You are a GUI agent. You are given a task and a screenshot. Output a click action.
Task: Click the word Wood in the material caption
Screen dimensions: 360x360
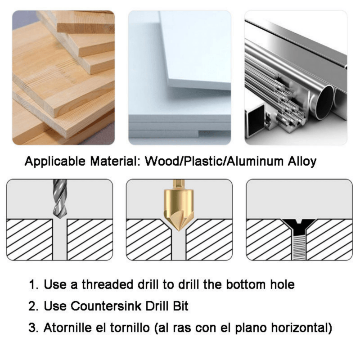tap(162, 161)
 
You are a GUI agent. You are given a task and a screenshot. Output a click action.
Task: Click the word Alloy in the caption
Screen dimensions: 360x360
tap(302, 162)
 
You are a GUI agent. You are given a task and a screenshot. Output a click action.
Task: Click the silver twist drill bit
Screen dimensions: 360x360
tap(60, 198)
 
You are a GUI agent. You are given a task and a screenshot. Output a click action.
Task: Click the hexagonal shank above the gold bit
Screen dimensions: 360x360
tap(179, 184)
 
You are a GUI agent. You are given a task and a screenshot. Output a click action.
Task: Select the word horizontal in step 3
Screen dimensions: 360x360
tap(299, 328)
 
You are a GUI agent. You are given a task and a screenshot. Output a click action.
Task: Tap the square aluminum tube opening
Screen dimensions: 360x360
tap(254, 122)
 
